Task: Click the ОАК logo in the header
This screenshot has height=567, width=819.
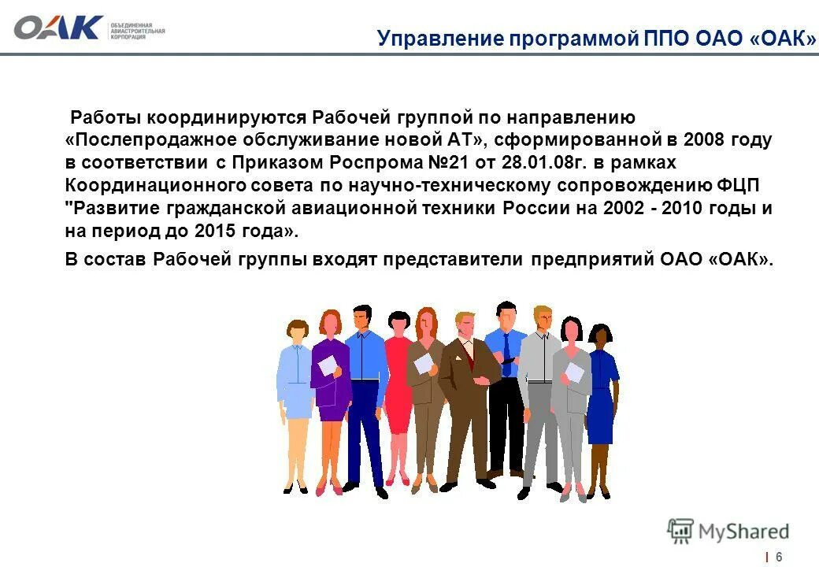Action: [59, 28]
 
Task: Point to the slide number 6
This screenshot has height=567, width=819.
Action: [780, 556]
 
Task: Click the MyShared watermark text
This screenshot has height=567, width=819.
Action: [741, 532]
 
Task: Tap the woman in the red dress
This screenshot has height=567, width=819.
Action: [398, 378]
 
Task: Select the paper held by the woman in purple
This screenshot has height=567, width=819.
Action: [326, 365]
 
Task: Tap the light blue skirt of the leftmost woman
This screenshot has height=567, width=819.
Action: [298, 400]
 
